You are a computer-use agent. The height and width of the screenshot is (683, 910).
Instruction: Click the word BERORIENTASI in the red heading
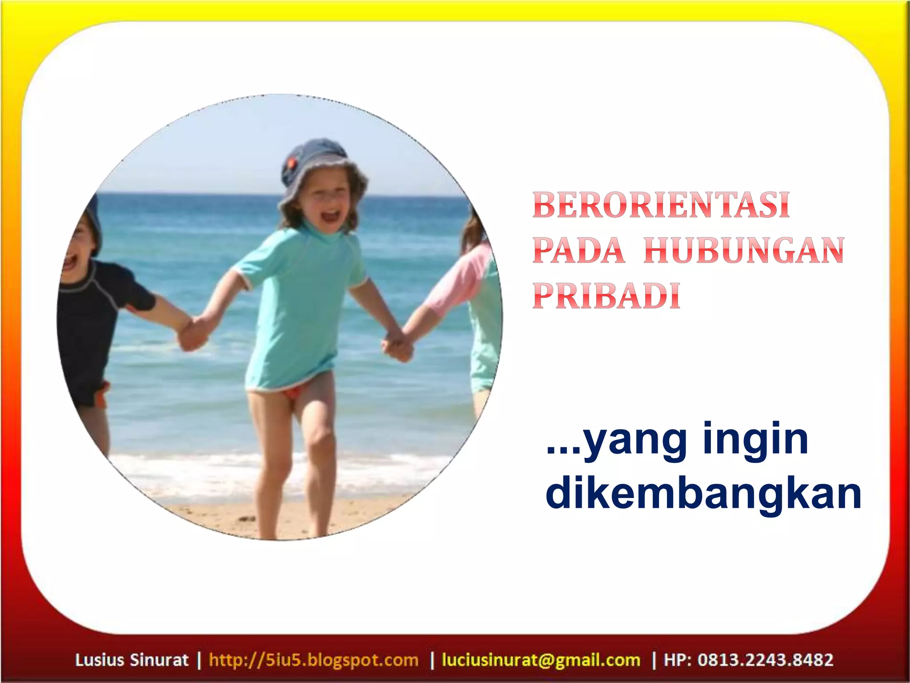click(661, 205)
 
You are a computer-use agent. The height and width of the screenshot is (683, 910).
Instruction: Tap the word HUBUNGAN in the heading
click(744, 251)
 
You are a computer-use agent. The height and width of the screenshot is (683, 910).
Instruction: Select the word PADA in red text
click(579, 251)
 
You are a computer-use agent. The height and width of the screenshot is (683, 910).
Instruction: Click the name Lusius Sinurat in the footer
click(132, 659)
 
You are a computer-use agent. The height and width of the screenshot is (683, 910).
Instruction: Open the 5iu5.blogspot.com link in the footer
click(314, 659)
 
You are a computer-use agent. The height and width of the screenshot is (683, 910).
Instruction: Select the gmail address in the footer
click(541, 659)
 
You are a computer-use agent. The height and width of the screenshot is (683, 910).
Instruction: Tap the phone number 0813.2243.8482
click(765, 659)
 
